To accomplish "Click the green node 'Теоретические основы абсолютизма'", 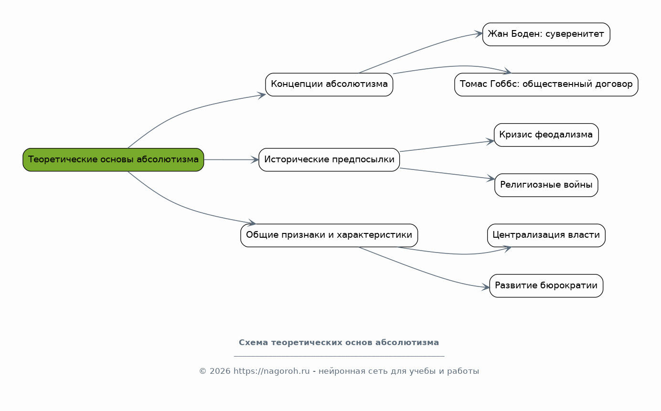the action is click(x=113, y=159).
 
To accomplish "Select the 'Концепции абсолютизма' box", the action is click(x=329, y=84).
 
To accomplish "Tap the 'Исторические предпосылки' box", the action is click(x=329, y=159).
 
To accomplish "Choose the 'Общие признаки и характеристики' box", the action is click(x=329, y=235).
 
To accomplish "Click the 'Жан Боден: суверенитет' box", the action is click(x=546, y=34).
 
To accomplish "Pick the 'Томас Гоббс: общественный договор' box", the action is click(x=546, y=84).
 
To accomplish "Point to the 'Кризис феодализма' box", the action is click(x=546, y=135).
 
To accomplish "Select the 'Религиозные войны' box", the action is click(x=546, y=185).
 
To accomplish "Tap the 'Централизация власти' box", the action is click(x=546, y=235).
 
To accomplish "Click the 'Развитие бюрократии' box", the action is click(x=546, y=285).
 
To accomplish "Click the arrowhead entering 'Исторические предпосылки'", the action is click(x=255, y=160).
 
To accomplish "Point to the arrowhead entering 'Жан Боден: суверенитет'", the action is click(x=479, y=33).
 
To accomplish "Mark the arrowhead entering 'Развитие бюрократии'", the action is click(x=486, y=287).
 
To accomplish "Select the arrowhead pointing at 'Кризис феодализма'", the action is click(x=490, y=141).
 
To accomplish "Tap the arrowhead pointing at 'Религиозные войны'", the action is click(x=490, y=178).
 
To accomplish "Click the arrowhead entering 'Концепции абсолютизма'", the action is click(x=261, y=95).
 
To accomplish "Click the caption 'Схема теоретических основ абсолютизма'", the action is click(x=339, y=343).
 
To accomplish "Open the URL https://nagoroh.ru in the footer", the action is click(x=271, y=371).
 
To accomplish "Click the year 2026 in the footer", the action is click(x=220, y=371).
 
